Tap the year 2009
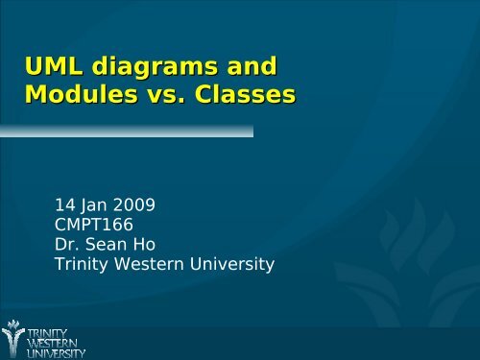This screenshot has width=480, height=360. [135, 204]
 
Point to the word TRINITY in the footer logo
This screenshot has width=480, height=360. [48, 328]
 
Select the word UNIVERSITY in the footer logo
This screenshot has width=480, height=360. [56, 351]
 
